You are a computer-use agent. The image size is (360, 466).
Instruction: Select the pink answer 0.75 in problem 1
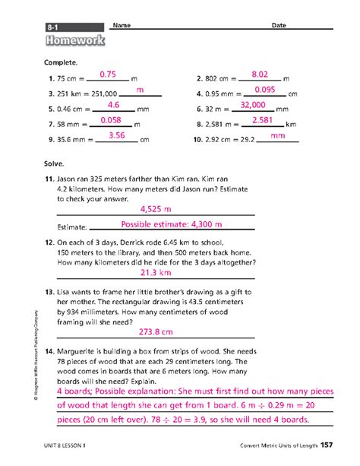coord(106,74)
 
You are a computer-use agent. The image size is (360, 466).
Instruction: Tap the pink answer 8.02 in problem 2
coord(261,74)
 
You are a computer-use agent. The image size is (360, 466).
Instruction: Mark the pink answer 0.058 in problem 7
coord(111,120)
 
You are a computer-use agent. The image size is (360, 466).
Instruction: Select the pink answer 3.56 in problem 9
coord(116,135)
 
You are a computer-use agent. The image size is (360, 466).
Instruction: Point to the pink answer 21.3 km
coord(155,272)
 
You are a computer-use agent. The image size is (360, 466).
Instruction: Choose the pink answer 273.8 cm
coord(156,331)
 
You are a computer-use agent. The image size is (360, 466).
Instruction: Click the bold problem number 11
coord(50,176)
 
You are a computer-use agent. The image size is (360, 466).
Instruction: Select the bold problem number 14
coord(50,351)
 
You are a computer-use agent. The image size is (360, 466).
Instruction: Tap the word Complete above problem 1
coord(60,61)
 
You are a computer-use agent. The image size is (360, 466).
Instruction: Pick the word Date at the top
coord(279,26)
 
